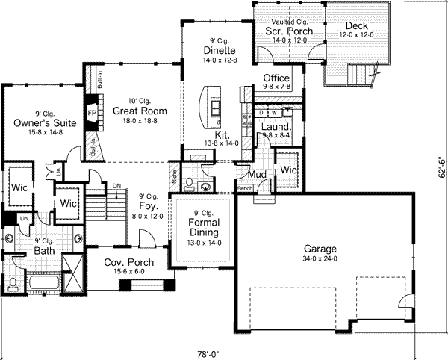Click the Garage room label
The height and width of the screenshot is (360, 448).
coord(320,249)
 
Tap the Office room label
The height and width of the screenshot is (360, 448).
coord(277,78)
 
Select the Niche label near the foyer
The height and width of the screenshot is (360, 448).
coord(174,179)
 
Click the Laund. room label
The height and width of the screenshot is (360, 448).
coord(276,127)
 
